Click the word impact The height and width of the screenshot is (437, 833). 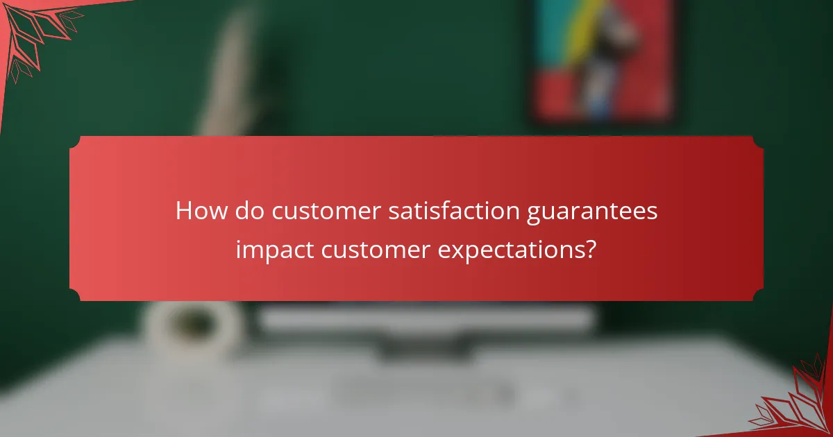point(275,250)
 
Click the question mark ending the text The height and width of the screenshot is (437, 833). point(590,249)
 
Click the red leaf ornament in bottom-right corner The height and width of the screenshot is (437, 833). point(798,402)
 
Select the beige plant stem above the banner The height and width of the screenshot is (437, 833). point(229,76)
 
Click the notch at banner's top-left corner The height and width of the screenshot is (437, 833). point(74,141)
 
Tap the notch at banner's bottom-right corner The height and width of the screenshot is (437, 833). point(758,295)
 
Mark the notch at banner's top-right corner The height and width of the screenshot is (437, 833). point(758,141)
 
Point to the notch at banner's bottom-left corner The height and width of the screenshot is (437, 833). point(74,295)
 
